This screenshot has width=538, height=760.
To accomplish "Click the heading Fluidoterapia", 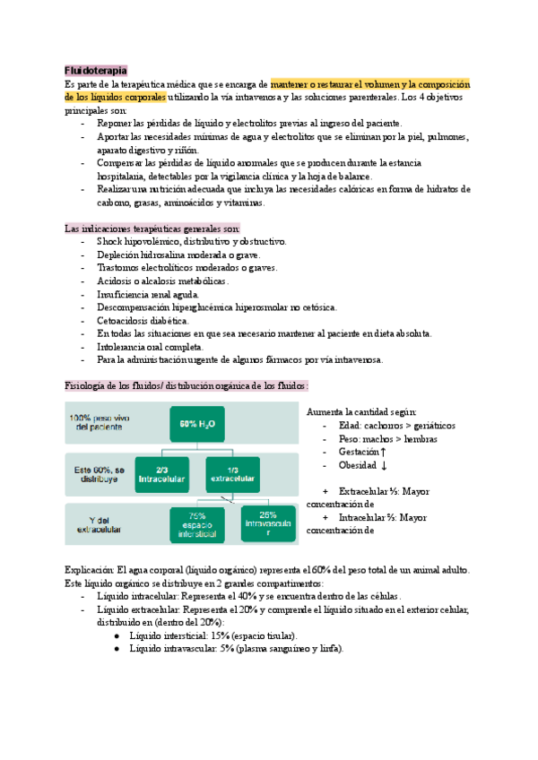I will tap(95, 70).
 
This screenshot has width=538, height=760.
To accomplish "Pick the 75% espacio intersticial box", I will tap(196, 525).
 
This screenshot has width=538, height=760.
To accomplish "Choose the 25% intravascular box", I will tap(267, 525).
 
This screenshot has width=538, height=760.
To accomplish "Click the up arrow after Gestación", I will tap(383, 453).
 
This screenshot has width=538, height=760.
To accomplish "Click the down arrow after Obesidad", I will tap(384, 466).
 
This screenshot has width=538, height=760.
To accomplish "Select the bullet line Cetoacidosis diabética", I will tap(143, 320).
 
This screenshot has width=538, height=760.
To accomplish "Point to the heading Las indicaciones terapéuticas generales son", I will tap(152, 229).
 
